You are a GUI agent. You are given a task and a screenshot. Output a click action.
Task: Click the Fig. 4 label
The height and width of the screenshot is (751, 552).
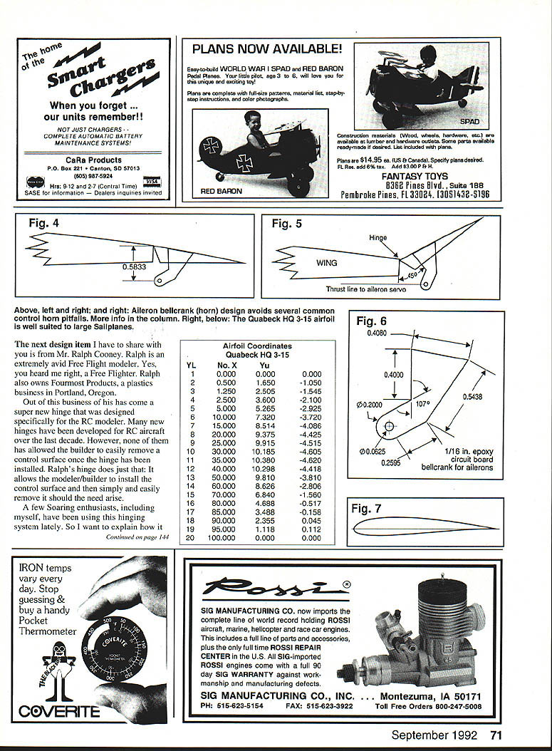click(x=43, y=223)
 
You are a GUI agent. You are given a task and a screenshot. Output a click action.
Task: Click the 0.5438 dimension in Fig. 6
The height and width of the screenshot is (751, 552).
click(x=472, y=397)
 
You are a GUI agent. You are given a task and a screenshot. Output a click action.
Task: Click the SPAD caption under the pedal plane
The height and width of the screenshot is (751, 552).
click(x=469, y=122)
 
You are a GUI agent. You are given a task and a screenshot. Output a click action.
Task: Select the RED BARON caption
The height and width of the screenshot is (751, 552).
click(x=222, y=191)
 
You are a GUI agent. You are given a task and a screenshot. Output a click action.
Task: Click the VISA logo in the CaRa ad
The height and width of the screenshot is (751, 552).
click(x=152, y=182)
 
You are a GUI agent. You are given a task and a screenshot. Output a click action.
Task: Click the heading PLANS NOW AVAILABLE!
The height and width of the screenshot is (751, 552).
click(x=267, y=49)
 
